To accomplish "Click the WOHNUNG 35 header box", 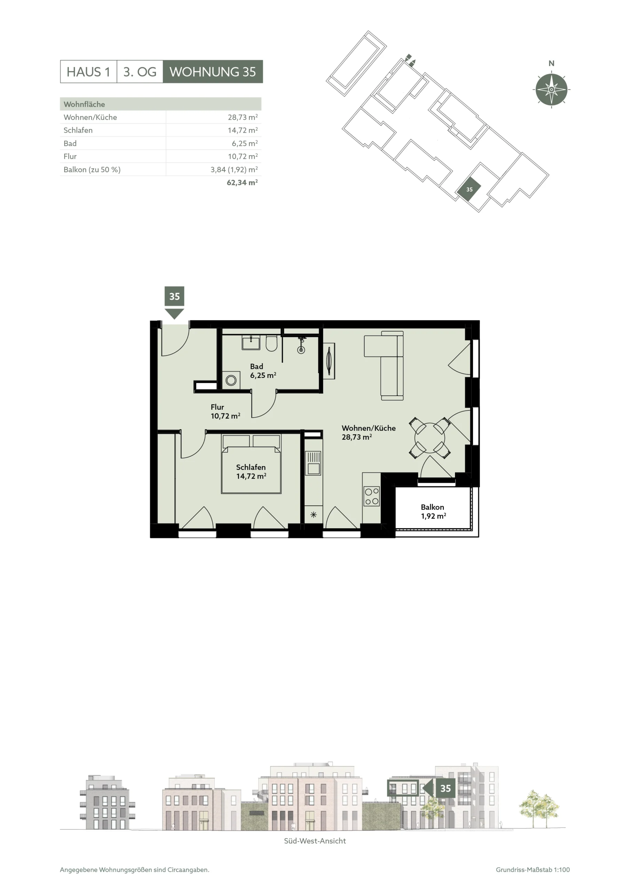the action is click(x=213, y=72).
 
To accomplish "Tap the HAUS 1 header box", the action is click(x=88, y=72).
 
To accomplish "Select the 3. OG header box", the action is click(x=140, y=72).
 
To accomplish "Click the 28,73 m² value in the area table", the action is click(x=243, y=117).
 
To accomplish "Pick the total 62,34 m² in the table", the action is click(x=242, y=182).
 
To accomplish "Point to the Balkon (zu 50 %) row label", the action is click(x=92, y=169).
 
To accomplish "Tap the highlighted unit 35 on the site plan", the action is click(x=469, y=189).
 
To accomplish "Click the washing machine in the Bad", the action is click(x=231, y=380).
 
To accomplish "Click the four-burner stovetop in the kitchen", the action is click(x=371, y=496).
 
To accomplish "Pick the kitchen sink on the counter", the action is click(x=313, y=463).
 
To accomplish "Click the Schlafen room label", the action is click(x=251, y=467).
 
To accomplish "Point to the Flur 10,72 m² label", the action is click(x=225, y=411).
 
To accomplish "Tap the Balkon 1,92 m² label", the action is click(x=433, y=512).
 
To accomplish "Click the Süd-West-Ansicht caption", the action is click(x=315, y=841).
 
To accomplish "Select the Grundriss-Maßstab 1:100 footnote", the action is click(x=533, y=870).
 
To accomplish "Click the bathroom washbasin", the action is click(x=251, y=343).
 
